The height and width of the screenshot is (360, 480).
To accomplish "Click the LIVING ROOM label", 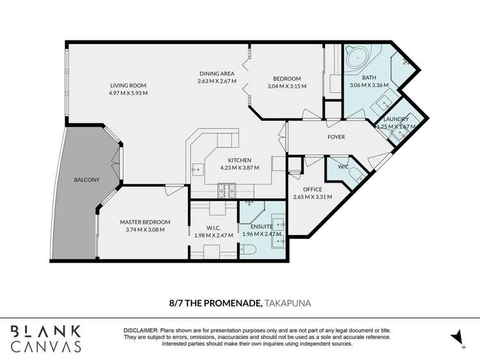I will pos(128,85).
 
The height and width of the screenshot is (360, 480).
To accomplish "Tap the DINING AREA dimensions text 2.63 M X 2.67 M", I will pos(217,81).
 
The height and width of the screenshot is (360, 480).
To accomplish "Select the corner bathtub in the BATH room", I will pos(358,59).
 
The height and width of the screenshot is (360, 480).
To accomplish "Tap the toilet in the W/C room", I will pos(358,176).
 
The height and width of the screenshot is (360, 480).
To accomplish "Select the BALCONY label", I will pos(87,181).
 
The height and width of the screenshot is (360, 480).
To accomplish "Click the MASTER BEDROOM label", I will pos(144,222).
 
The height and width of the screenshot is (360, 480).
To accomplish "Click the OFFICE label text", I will pos(312,189).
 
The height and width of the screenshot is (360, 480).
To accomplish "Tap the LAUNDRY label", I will pos(396,119).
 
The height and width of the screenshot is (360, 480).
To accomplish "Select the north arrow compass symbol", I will pos(455,337).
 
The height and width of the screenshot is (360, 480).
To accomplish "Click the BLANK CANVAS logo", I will pos(46,338).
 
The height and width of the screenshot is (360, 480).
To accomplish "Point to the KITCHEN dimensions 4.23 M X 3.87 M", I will pos(239,168).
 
